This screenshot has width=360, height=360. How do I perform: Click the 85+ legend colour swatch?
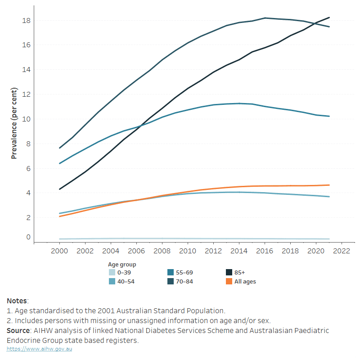(229, 272)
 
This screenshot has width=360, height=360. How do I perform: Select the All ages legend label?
(245, 282)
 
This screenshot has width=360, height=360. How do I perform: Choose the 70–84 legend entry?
(180, 282)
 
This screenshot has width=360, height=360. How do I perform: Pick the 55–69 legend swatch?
(171, 272)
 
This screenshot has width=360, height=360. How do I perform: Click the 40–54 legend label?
(126, 282)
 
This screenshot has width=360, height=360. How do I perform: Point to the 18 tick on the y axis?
(27, 21)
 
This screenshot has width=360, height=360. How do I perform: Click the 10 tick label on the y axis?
(27, 119)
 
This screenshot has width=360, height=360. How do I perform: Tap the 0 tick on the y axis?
(28, 237)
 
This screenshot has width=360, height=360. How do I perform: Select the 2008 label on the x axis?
(162, 251)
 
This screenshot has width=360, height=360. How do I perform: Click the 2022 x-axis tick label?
(342, 251)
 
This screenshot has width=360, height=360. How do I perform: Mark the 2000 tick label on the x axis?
(59, 251)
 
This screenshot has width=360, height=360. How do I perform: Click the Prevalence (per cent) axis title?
(14, 123)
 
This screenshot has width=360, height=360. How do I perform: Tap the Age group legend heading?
(122, 265)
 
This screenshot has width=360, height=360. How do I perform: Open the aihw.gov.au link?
(39, 349)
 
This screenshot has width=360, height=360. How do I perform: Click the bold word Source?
(18, 330)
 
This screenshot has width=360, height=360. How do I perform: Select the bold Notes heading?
(17, 301)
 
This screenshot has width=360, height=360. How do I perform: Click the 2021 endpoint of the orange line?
(329, 185)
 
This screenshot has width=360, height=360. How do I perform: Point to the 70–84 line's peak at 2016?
(265, 18)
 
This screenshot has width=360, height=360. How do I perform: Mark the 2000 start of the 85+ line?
(60, 189)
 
